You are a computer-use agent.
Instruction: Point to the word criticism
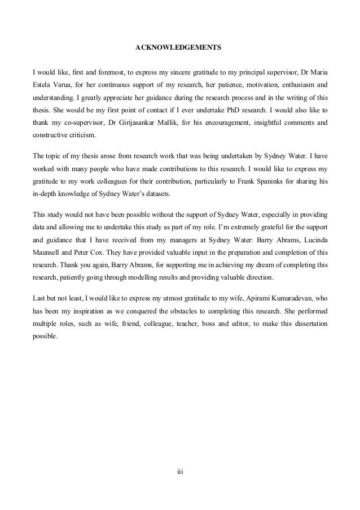pyautogui.click(x=83, y=136)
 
